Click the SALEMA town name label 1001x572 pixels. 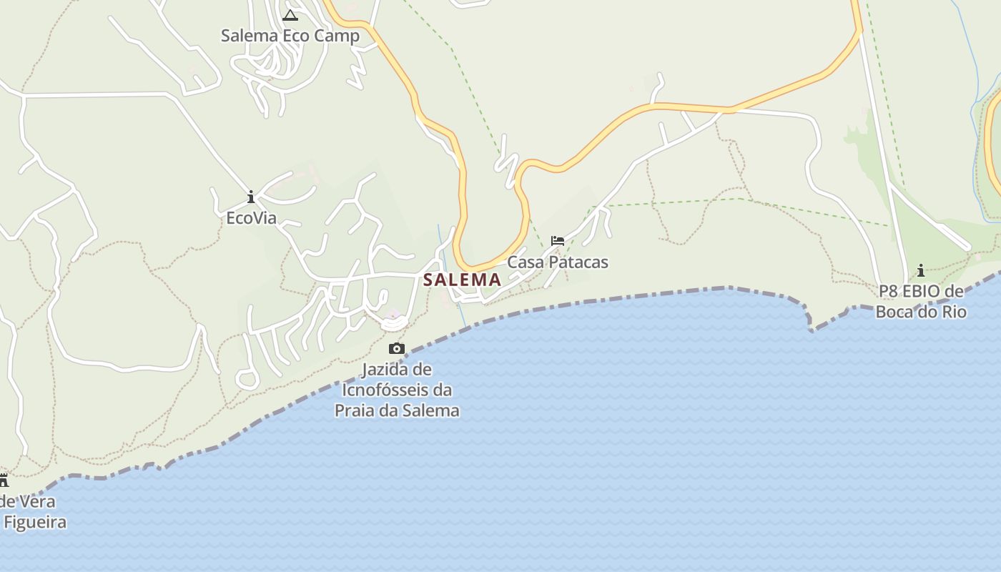pyautogui.click(x=462, y=280)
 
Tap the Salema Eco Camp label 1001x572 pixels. pyautogui.click(x=290, y=36)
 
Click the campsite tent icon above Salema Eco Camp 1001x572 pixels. pyautogui.click(x=290, y=16)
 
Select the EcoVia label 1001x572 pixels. pyautogui.click(x=251, y=218)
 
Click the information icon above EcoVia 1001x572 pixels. pyautogui.click(x=251, y=197)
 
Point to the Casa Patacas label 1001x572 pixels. pyautogui.click(x=558, y=262)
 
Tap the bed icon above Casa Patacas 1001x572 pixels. pyautogui.click(x=558, y=241)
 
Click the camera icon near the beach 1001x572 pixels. pyautogui.click(x=396, y=349)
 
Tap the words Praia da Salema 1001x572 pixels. pyautogui.click(x=397, y=410)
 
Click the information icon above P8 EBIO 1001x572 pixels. pyautogui.click(x=921, y=270)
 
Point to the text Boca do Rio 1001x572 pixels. pyautogui.click(x=921, y=312)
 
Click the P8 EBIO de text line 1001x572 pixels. pyautogui.click(x=921, y=292)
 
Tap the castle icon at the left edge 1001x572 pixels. pyautogui.click(x=4, y=480)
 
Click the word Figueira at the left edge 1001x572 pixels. pyautogui.click(x=35, y=522)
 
